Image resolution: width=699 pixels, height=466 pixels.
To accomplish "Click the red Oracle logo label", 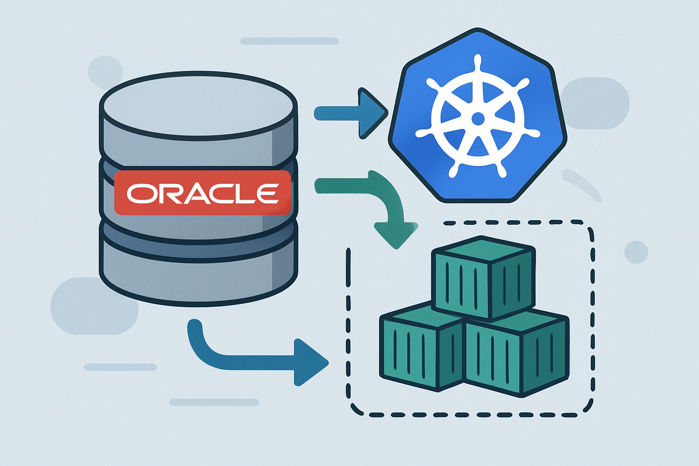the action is pos(203,192).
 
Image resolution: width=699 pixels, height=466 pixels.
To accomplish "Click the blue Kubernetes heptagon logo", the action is pos(477,116).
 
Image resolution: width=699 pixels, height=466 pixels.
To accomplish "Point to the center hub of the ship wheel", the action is pos(478,119).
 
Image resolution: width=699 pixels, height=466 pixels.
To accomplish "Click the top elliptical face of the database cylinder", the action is pos(198,106).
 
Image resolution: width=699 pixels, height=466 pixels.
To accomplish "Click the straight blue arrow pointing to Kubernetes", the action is pos(351,113).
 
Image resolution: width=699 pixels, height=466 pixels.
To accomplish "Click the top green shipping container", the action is pos(483,278).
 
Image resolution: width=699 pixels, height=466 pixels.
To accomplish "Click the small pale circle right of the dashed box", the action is pos(636,252).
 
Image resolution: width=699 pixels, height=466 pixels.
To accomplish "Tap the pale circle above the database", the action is pos(105,72).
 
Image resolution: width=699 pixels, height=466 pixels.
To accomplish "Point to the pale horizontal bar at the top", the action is pos(289,41).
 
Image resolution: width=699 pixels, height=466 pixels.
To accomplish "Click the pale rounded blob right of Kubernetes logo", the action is pos(594,103).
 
